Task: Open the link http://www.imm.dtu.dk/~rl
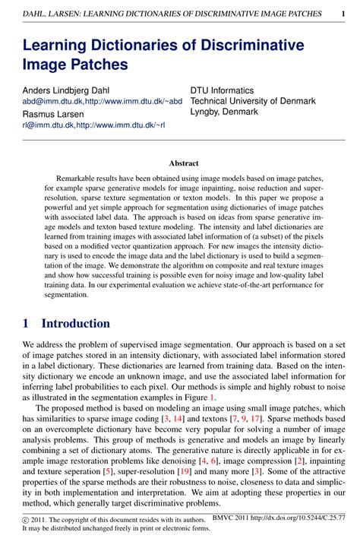(121, 125)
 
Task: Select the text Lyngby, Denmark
(224, 112)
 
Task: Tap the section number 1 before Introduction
(27, 323)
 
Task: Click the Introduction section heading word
(76, 323)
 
